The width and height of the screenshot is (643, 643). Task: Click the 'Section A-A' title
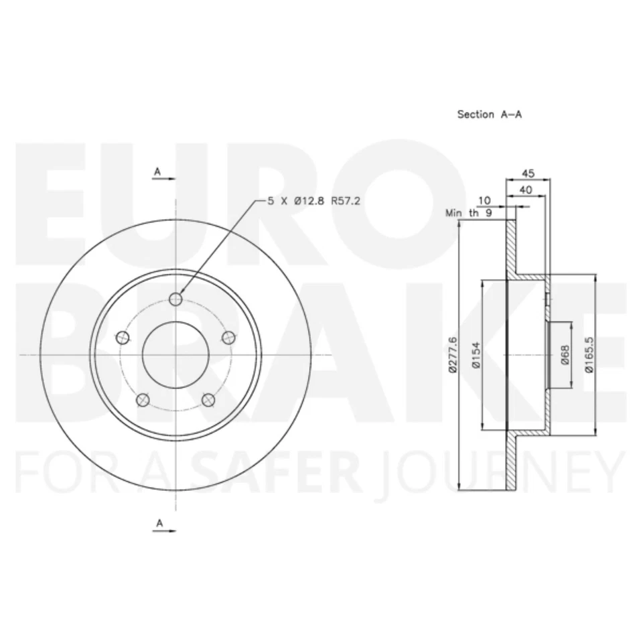489,115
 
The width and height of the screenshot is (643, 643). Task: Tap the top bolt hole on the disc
176,299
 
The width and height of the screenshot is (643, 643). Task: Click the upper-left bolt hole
122,337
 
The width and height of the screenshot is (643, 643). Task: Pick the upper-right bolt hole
229,337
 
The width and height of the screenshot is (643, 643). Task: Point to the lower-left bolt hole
142,400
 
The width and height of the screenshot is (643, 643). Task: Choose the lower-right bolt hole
209,400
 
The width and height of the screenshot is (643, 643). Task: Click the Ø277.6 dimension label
453,356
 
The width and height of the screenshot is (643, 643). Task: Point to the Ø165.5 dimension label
589,355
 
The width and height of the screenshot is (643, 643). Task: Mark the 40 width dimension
526,190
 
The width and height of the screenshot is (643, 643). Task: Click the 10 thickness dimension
484,200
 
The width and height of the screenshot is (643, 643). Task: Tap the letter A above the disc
157,172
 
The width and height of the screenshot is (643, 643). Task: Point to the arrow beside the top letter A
167,180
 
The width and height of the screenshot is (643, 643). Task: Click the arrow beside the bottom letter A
167,530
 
